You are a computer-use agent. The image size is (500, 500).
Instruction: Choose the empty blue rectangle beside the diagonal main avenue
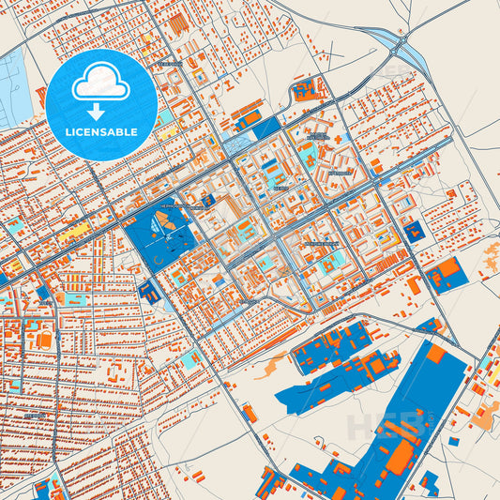(x=267, y=129)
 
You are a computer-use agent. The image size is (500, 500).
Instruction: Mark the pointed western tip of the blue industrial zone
(x=278, y=398)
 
